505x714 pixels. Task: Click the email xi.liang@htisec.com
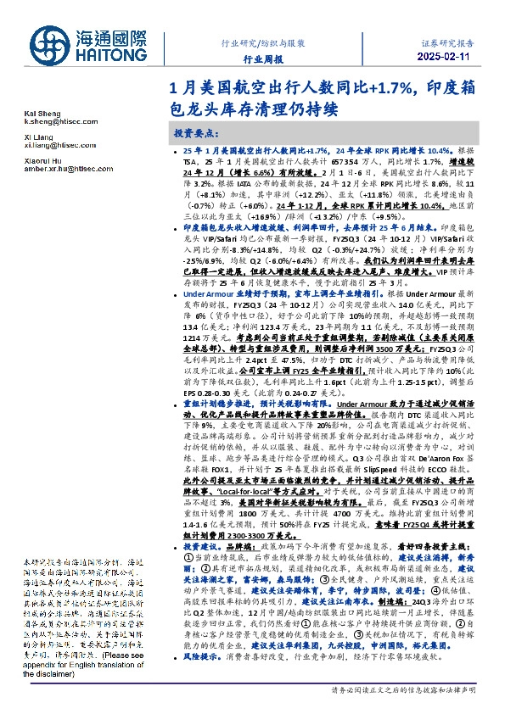coord(60,145)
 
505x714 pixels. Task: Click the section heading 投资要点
coord(197,134)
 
